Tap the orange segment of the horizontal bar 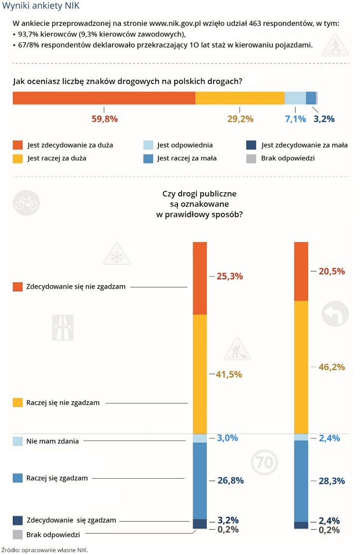pos(104,97)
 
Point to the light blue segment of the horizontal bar pos(295,97)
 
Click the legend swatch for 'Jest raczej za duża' pos(18,158)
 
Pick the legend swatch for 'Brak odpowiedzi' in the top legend pos(251,158)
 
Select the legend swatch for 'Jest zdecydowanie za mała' pos(251,145)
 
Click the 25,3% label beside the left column pos(230,277)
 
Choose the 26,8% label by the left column pos(230,481)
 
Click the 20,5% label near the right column pos(332,271)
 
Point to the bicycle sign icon pos(26,203)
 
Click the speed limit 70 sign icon pos(264,463)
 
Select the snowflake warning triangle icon pos(117,255)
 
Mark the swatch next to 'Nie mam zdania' pos(18,441)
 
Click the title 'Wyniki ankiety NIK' pos(41,6)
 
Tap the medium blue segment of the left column pos(200,481)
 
